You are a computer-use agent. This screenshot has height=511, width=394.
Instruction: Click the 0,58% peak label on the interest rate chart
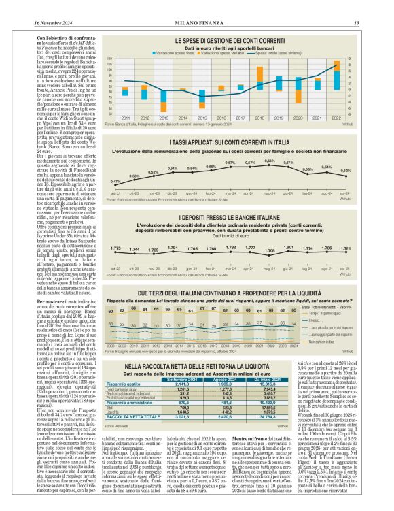[x=269, y=161]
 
